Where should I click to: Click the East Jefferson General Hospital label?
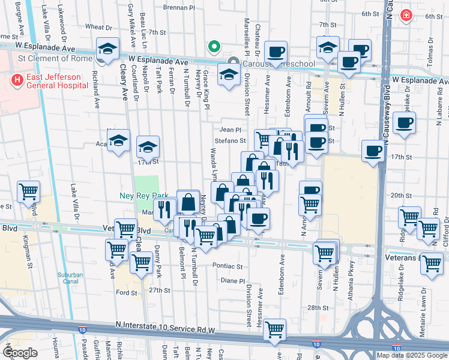pyautogui.click(x=50, y=84)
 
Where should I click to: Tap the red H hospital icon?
pyautogui.click(x=17, y=79)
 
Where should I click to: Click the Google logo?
pyautogui.click(x=20, y=353)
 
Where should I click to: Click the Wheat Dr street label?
pyautogui.click(x=98, y=27)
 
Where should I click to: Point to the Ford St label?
pyautogui.click(x=127, y=292)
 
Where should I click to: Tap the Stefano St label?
pyautogui.click(x=232, y=141)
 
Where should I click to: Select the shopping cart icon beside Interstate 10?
pyautogui.click(x=274, y=329)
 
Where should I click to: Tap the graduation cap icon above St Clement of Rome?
pyautogui.click(x=108, y=48)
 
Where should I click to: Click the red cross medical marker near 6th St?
pyautogui.click(x=406, y=14)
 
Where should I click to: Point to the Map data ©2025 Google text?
pyautogui.click(x=412, y=355)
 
